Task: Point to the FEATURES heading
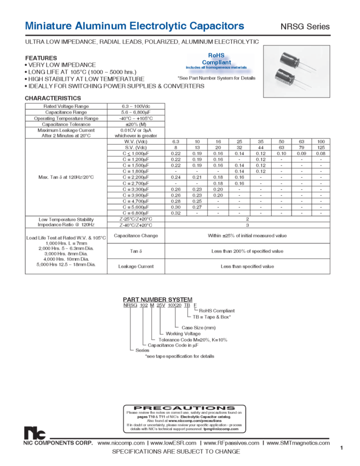[41, 56]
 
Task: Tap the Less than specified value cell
[247, 266]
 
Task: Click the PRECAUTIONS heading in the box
[180, 408]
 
